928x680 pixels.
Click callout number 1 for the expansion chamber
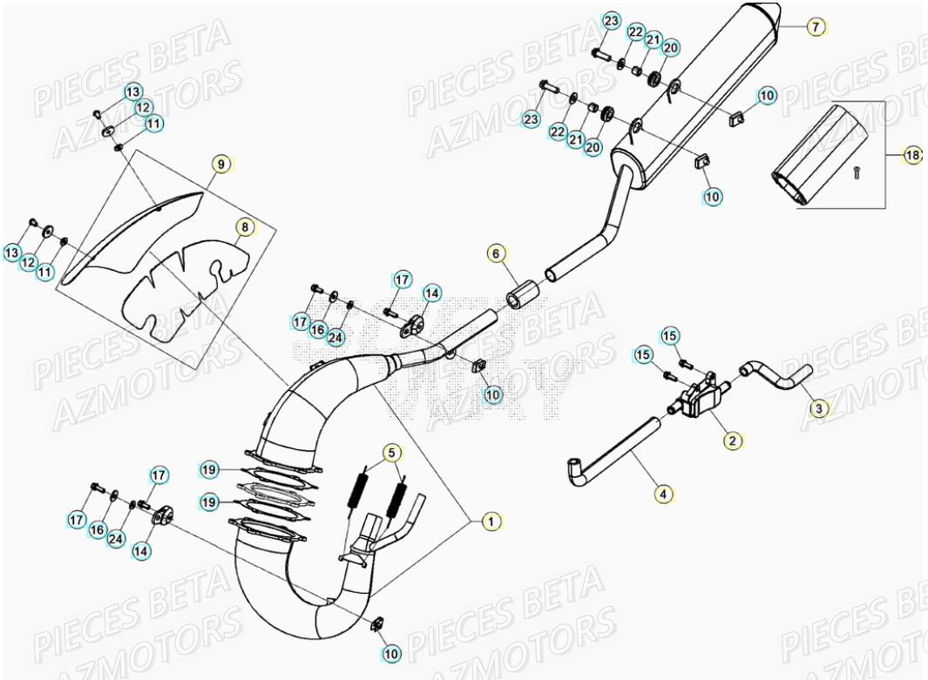491,521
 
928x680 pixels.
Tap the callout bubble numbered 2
732,441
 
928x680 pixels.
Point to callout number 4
664,494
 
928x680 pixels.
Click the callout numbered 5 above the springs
391,452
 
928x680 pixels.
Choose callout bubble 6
495,254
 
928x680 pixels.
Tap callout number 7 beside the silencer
815,27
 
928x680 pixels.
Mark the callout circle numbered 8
245,228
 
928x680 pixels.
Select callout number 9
220,163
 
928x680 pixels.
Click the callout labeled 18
911,155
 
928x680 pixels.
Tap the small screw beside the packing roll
857,173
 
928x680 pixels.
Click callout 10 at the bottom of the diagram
391,652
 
